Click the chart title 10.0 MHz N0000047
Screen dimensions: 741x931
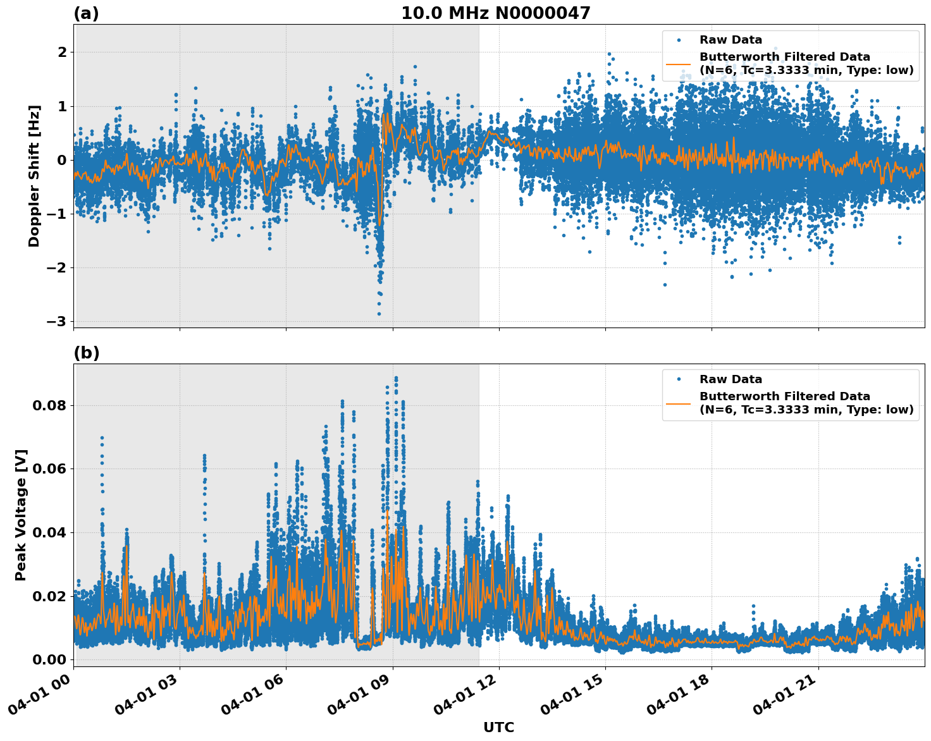click(495, 13)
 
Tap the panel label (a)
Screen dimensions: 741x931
click(86, 13)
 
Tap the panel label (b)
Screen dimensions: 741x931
click(86, 353)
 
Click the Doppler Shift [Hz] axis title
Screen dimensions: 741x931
click(34, 176)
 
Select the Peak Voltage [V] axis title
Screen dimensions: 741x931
click(21, 515)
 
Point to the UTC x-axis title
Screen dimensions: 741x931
click(498, 727)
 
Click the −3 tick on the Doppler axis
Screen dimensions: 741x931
click(56, 321)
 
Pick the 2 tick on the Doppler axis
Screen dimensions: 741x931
click(62, 52)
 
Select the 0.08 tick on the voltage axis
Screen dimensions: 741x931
click(49, 405)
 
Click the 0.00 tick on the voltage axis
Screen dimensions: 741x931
click(49, 659)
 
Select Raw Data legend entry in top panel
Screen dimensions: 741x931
click(731, 40)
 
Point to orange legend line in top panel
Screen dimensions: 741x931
click(678, 63)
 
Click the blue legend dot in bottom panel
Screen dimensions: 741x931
click(678, 379)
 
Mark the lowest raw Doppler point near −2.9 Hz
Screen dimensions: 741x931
click(379, 314)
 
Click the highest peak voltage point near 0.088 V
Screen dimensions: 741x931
click(396, 378)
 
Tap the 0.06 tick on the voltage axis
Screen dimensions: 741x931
click(49, 468)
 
